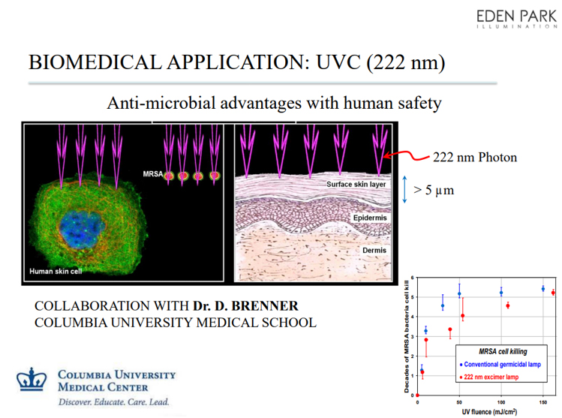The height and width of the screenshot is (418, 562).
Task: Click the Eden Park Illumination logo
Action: pyautogui.click(x=516, y=19)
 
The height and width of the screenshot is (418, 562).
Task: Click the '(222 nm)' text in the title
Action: pyautogui.click(x=406, y=62)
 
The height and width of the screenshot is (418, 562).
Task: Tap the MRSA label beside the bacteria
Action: pyautogui.click(x=152, y=174)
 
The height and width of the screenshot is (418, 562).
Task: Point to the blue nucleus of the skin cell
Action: pyautogui.click(x=82, y=230)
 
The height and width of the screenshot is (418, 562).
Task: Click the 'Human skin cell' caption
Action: pyautogui.click(x=56, y=272)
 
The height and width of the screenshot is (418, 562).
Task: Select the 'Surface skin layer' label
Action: pyautogui.click(x=356, y=185)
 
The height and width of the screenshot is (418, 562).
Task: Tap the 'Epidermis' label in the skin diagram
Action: pyautogui.click(x=370, y=218)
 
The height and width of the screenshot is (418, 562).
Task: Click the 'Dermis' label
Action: pyautogui.click(x=374, y=250)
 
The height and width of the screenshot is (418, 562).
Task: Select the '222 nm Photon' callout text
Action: pyautogui.click(x=475, y=158)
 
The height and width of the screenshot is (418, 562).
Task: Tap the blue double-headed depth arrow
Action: pyautogui.click(x=404, y=190)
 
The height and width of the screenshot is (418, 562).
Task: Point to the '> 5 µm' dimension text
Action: pyautogui.click(x=434, y=190)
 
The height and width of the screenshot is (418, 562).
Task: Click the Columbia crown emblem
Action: pyautogui.click(x=32, y=379)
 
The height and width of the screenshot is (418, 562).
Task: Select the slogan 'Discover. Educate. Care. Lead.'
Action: pyautogui.click(x=113, y=402)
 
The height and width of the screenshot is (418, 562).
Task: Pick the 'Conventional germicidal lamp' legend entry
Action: pyautogui.click(x=500, y=365)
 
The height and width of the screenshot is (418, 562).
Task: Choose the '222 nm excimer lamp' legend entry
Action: pyautogui.click(x=489, y=377)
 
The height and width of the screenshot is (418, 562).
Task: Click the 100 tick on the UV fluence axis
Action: pyautogui.click(x=501, y=402)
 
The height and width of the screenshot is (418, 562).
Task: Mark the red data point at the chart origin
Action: pyautogui.click(x=417, y=395)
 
